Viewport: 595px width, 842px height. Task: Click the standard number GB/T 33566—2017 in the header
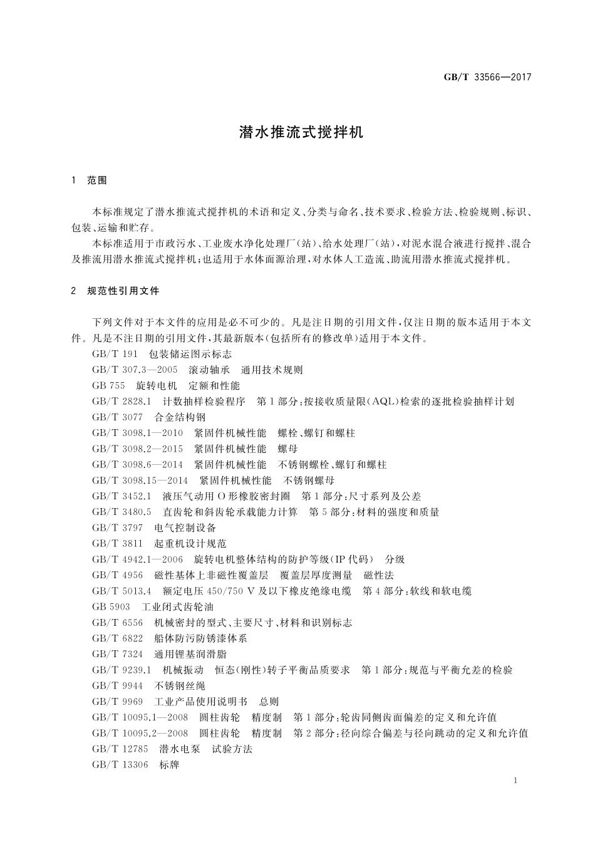point(487,77)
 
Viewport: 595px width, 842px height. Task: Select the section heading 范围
point(97,180)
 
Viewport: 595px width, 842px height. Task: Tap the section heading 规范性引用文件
point(123,291)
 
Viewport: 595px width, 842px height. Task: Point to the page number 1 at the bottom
point(515,781)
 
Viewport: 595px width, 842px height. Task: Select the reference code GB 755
point(108,385)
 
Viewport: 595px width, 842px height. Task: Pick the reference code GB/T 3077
point(117,417)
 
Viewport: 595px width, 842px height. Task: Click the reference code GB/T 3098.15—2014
point(140,481)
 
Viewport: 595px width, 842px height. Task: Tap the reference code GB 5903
point(111,606)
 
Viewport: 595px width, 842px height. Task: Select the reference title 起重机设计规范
point(190,543)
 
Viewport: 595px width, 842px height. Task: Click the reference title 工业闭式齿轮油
point(178,606)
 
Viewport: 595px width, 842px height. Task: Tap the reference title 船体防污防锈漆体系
point(200,638)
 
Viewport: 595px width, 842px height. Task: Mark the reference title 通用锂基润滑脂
point(190,654)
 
